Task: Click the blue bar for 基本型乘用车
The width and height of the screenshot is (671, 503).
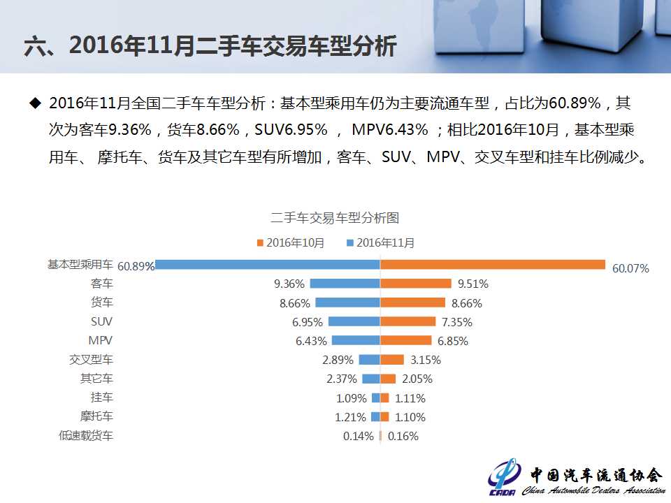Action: coord(268,265)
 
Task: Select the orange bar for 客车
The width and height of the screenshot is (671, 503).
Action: coord(416,284)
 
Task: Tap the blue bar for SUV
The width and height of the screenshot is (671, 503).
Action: coord(354,321)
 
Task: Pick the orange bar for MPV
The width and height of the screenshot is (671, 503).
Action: coord(406,340)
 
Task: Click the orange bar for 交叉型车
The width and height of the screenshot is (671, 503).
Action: coord(392,360)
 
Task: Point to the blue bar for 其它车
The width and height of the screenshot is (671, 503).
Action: coord(370,379)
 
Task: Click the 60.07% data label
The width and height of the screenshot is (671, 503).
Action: coord(630,268)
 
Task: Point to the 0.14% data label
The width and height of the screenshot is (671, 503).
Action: coord(359,436)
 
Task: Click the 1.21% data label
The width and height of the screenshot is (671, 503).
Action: coord(351,417)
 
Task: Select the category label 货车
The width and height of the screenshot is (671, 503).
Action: coord(102,302)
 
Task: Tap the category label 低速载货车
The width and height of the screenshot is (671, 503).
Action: coord(86,435)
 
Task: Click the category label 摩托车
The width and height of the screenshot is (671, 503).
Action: coord(96,416)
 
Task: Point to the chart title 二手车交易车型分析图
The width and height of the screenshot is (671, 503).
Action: coord(335,218)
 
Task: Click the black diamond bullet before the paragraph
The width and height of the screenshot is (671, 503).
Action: coord(35,103)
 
